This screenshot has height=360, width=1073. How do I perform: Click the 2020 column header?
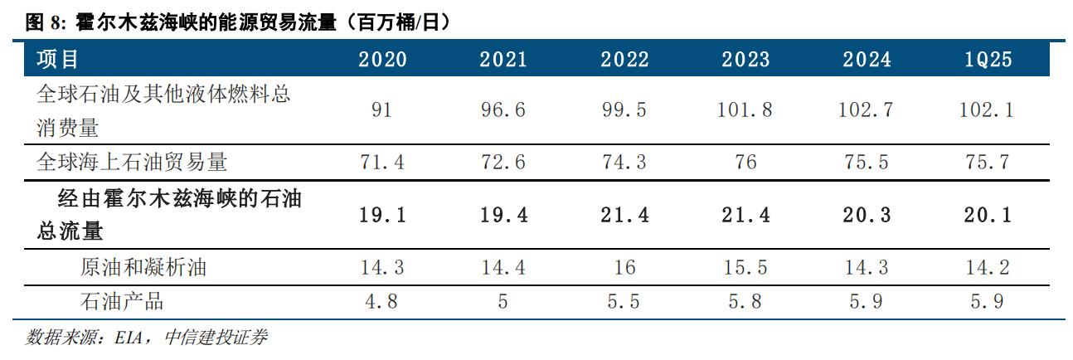(x=382, y=60)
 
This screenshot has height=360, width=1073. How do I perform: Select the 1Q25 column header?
(x=988, y=60)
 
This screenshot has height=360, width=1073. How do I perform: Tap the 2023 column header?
(x=746, y=60)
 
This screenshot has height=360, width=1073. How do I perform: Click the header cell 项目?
(x=57, y=60)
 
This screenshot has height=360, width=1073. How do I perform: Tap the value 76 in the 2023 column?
(x=746, y=163)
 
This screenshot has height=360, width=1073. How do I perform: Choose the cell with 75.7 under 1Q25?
(x=988, y=163)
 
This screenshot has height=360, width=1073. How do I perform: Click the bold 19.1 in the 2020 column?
(x=382, y=215)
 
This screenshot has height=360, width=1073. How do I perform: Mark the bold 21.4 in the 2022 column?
(x=624, y=215)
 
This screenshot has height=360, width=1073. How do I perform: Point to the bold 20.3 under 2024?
(x=867, y=215)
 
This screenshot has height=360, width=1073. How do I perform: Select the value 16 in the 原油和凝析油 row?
(x=624, y=268)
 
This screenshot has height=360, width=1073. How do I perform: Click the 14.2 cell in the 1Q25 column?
(x=988, y=268)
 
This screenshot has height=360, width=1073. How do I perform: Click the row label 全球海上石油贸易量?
(x=132, y=163)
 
